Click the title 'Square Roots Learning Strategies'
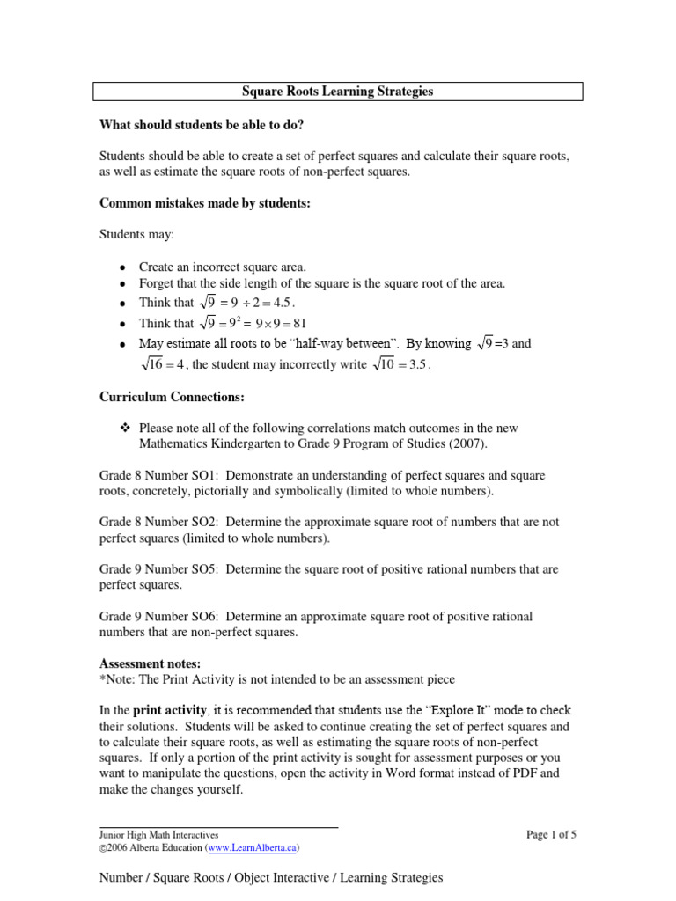tap(338, 92)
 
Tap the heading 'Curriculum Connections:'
tap(172, 398)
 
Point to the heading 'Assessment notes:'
tap(151, 663)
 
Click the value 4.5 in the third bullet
tap(295, 303)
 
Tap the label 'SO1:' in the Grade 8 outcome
tap(209, 475)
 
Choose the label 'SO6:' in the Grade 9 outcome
tap(209, 616)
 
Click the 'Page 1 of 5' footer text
tap(551, 834)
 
